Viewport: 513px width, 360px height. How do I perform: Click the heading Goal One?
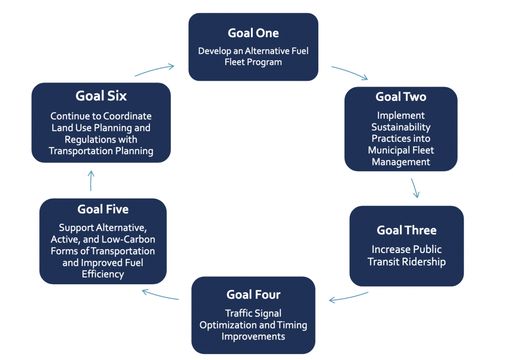point(253,33)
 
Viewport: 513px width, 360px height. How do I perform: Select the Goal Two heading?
point(401,97)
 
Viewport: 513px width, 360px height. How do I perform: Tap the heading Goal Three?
point(406,230)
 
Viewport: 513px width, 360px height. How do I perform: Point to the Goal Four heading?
point(253,294)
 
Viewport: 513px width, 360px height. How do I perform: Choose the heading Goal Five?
point(103,209)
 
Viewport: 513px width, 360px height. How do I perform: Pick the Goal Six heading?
point(101,96)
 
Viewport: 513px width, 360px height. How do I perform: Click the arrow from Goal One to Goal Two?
point(350,72)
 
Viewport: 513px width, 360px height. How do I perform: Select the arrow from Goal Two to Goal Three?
point(415,188)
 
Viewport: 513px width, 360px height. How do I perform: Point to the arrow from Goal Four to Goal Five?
point(160,294)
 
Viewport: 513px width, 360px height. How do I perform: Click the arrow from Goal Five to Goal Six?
point(91,180)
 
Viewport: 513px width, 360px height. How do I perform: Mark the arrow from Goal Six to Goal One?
point(154,70)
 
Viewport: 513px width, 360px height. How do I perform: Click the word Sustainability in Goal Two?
point(401,127)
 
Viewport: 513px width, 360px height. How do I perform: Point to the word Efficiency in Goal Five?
point(103,274)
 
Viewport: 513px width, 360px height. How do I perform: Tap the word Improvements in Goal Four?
point(253,336)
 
